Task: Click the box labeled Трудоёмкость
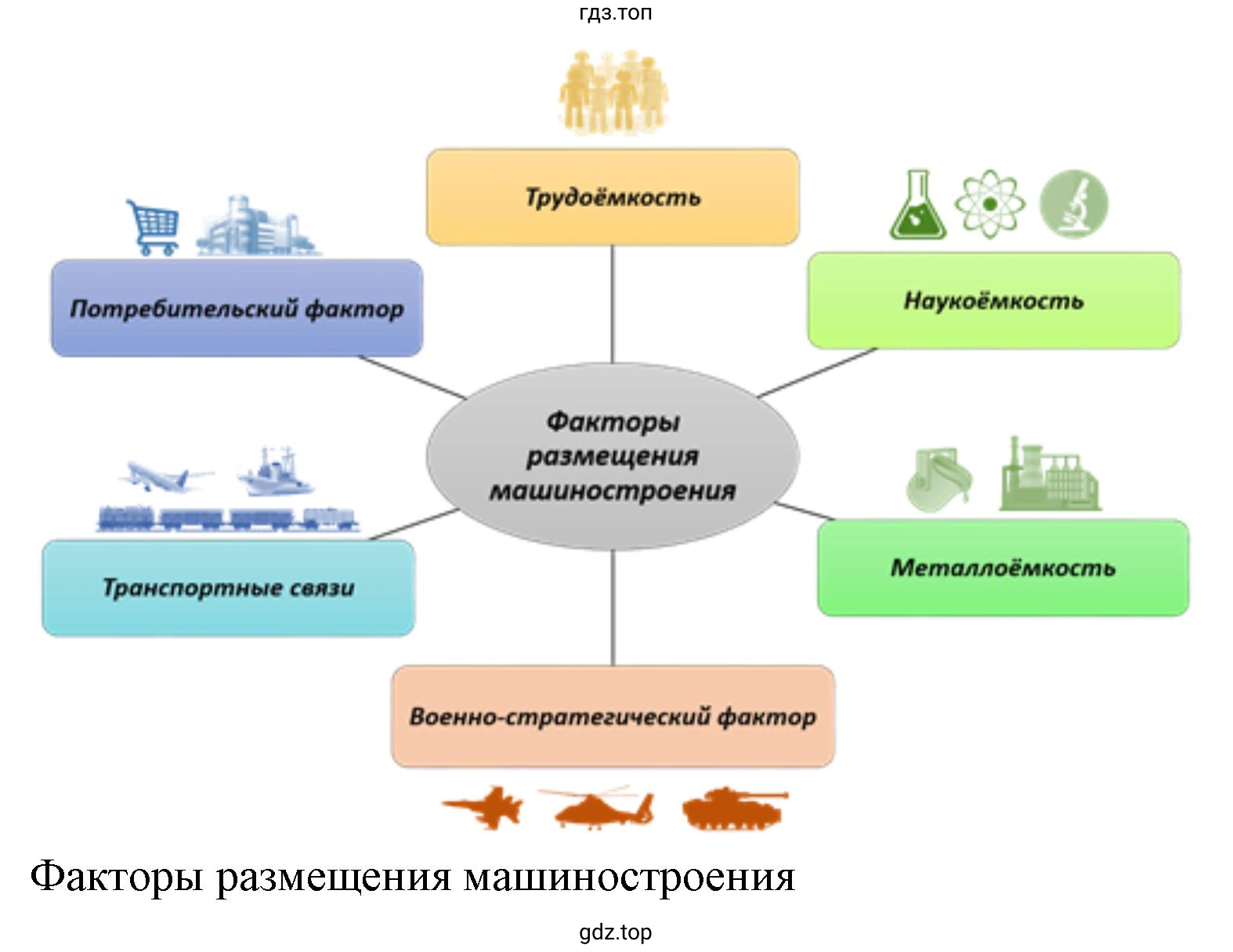coord(613,197)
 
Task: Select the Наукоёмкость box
coord(993,300)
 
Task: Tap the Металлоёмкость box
coord(1003,567)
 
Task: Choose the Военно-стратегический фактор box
coord(613,716)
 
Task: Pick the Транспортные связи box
coord(228,588)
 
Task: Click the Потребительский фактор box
coord(237,308)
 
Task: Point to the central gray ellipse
coord(613,456)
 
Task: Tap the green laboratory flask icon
coord(918,205)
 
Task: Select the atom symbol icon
coord(990,205)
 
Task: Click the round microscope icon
coord(1073,204)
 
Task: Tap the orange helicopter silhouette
coord(597,807)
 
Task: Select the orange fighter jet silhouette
coord(483,807)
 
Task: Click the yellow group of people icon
coord(613,92)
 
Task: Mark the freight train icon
coord(228,519)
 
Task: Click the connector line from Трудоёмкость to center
coord(613,304)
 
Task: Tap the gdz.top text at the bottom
coord(616,932)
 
